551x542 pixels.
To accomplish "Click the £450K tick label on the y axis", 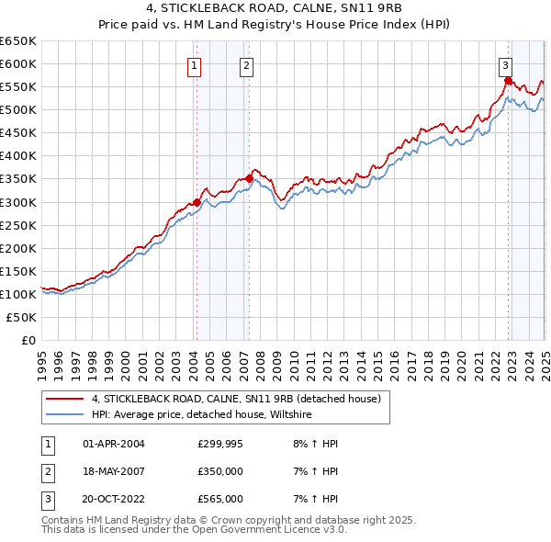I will pyautogui.click(x=18, y=133).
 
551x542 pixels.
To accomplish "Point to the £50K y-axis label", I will pyautogui.click(x=22, y=317).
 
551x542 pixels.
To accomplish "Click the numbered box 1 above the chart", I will pyautogui.click(x=196, y=65).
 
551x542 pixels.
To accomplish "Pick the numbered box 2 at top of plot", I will pyautogui.click(x=248, y=65).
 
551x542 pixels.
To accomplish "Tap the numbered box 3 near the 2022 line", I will pyautogui.click(x=506, y=65).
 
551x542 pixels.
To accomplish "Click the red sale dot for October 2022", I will pyautogui.click(x=508, y=80).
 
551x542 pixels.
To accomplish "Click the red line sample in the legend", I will pyautogui.click(x=65, y=399).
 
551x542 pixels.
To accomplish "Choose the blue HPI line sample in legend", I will pyautogui.click(x=65, y=415).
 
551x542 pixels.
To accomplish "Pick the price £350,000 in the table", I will pyautogui.click(x=220, y=471).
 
